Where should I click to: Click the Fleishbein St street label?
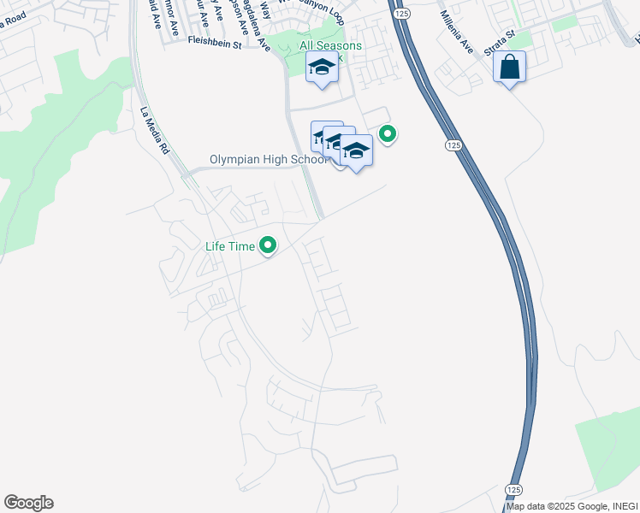pyautogui.click(x=221, y=39)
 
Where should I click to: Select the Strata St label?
pyautogui.click(x=498, y=44)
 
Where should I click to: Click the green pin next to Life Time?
pyautogui.click(x=268, y=246)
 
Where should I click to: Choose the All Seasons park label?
pyautogui.click(x=330, y=45)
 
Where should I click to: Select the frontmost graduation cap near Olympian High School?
pyautogui.click(x=356, y=150)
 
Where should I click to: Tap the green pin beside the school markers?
pyautogui.click(x=388, y=134)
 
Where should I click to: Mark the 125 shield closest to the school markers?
pyautogui.click(x=452, y=146)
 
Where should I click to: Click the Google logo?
pyautogui.click(x=28, y=503)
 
